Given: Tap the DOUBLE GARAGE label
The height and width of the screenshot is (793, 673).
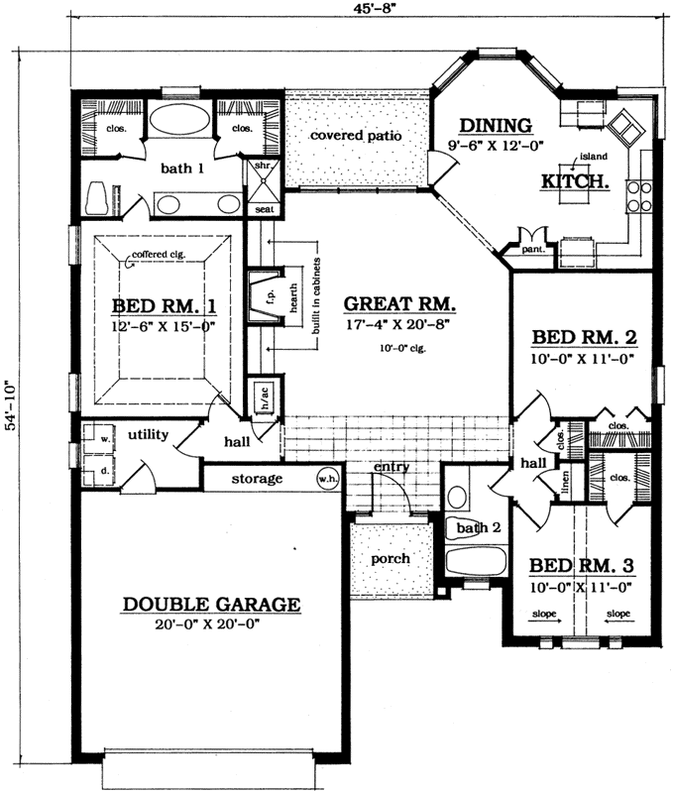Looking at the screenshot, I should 211,604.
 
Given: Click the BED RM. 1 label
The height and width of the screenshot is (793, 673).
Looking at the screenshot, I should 161,305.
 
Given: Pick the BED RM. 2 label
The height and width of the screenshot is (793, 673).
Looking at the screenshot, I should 583,337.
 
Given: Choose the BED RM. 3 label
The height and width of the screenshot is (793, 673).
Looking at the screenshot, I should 580,566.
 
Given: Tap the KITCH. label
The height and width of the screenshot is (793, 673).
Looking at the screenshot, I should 574,182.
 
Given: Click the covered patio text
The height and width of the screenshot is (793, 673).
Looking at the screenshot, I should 355,136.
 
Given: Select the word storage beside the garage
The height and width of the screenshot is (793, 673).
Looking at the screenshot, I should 258,480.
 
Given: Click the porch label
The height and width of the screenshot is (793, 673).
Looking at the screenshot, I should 391,559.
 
